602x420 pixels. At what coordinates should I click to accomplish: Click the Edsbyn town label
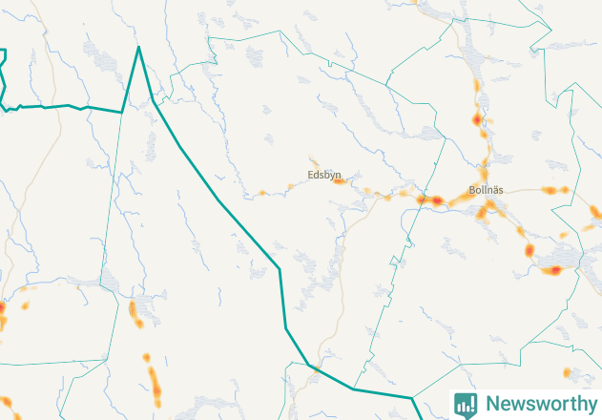pos(324,176)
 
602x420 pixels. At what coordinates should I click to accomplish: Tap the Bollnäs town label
pos(486,190)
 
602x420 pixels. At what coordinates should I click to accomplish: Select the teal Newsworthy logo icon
pos(466,404)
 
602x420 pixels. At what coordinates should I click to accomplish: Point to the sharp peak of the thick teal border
pos(138,47)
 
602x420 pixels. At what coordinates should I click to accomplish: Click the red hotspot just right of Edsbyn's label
pos(337,178)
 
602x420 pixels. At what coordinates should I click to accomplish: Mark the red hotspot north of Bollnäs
pos(478,120)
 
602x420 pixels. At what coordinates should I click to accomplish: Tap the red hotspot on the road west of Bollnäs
pos(435,200)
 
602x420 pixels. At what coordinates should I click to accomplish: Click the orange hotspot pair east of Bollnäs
pos(554,190)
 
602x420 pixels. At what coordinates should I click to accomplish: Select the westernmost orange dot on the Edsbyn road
pos(262,193)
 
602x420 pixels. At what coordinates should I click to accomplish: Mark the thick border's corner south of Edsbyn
pos(280,269)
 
